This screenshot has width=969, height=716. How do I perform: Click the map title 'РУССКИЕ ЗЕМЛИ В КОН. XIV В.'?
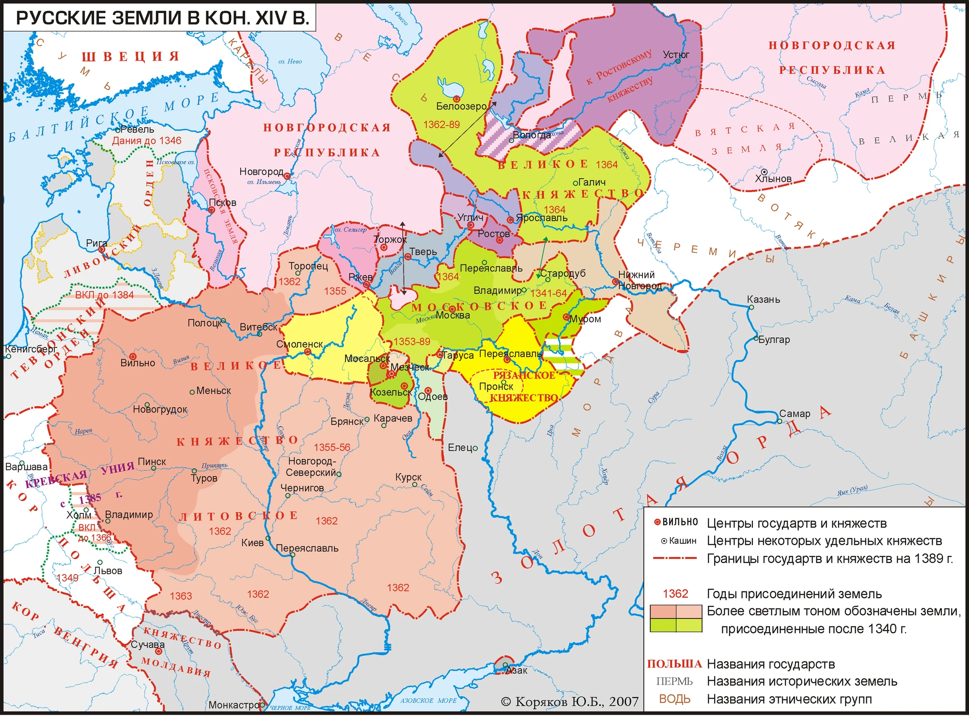tap(162, 18)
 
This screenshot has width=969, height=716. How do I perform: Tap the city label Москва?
tap(453, 315)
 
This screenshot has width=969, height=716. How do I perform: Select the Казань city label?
tap(764, 299)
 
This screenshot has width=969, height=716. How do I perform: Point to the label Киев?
tap(252, 542)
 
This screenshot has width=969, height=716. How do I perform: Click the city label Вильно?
tap(138, 363)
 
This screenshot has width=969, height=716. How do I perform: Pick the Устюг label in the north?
tap(676, 54)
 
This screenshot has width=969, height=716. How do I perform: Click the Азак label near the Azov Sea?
tap(516, 670)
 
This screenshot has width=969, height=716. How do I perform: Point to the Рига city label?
tap(96, 243)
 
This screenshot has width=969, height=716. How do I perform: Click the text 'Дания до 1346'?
tap(146, 141)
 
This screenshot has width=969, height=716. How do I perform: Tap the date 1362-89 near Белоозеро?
tap(441, 125)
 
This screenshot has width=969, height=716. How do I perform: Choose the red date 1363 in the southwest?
tap(181, 596)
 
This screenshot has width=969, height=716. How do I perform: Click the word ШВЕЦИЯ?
tap(131, 57)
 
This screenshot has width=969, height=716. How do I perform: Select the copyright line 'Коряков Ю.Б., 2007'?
tap(570, 701)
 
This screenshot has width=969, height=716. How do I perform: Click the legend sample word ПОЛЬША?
tap(674, 664)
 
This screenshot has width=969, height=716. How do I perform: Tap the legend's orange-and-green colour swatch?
tap(675, 618)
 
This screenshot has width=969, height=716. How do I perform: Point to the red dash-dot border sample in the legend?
tap(674, 558)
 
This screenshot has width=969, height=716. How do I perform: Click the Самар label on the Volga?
tap(795, 414)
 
